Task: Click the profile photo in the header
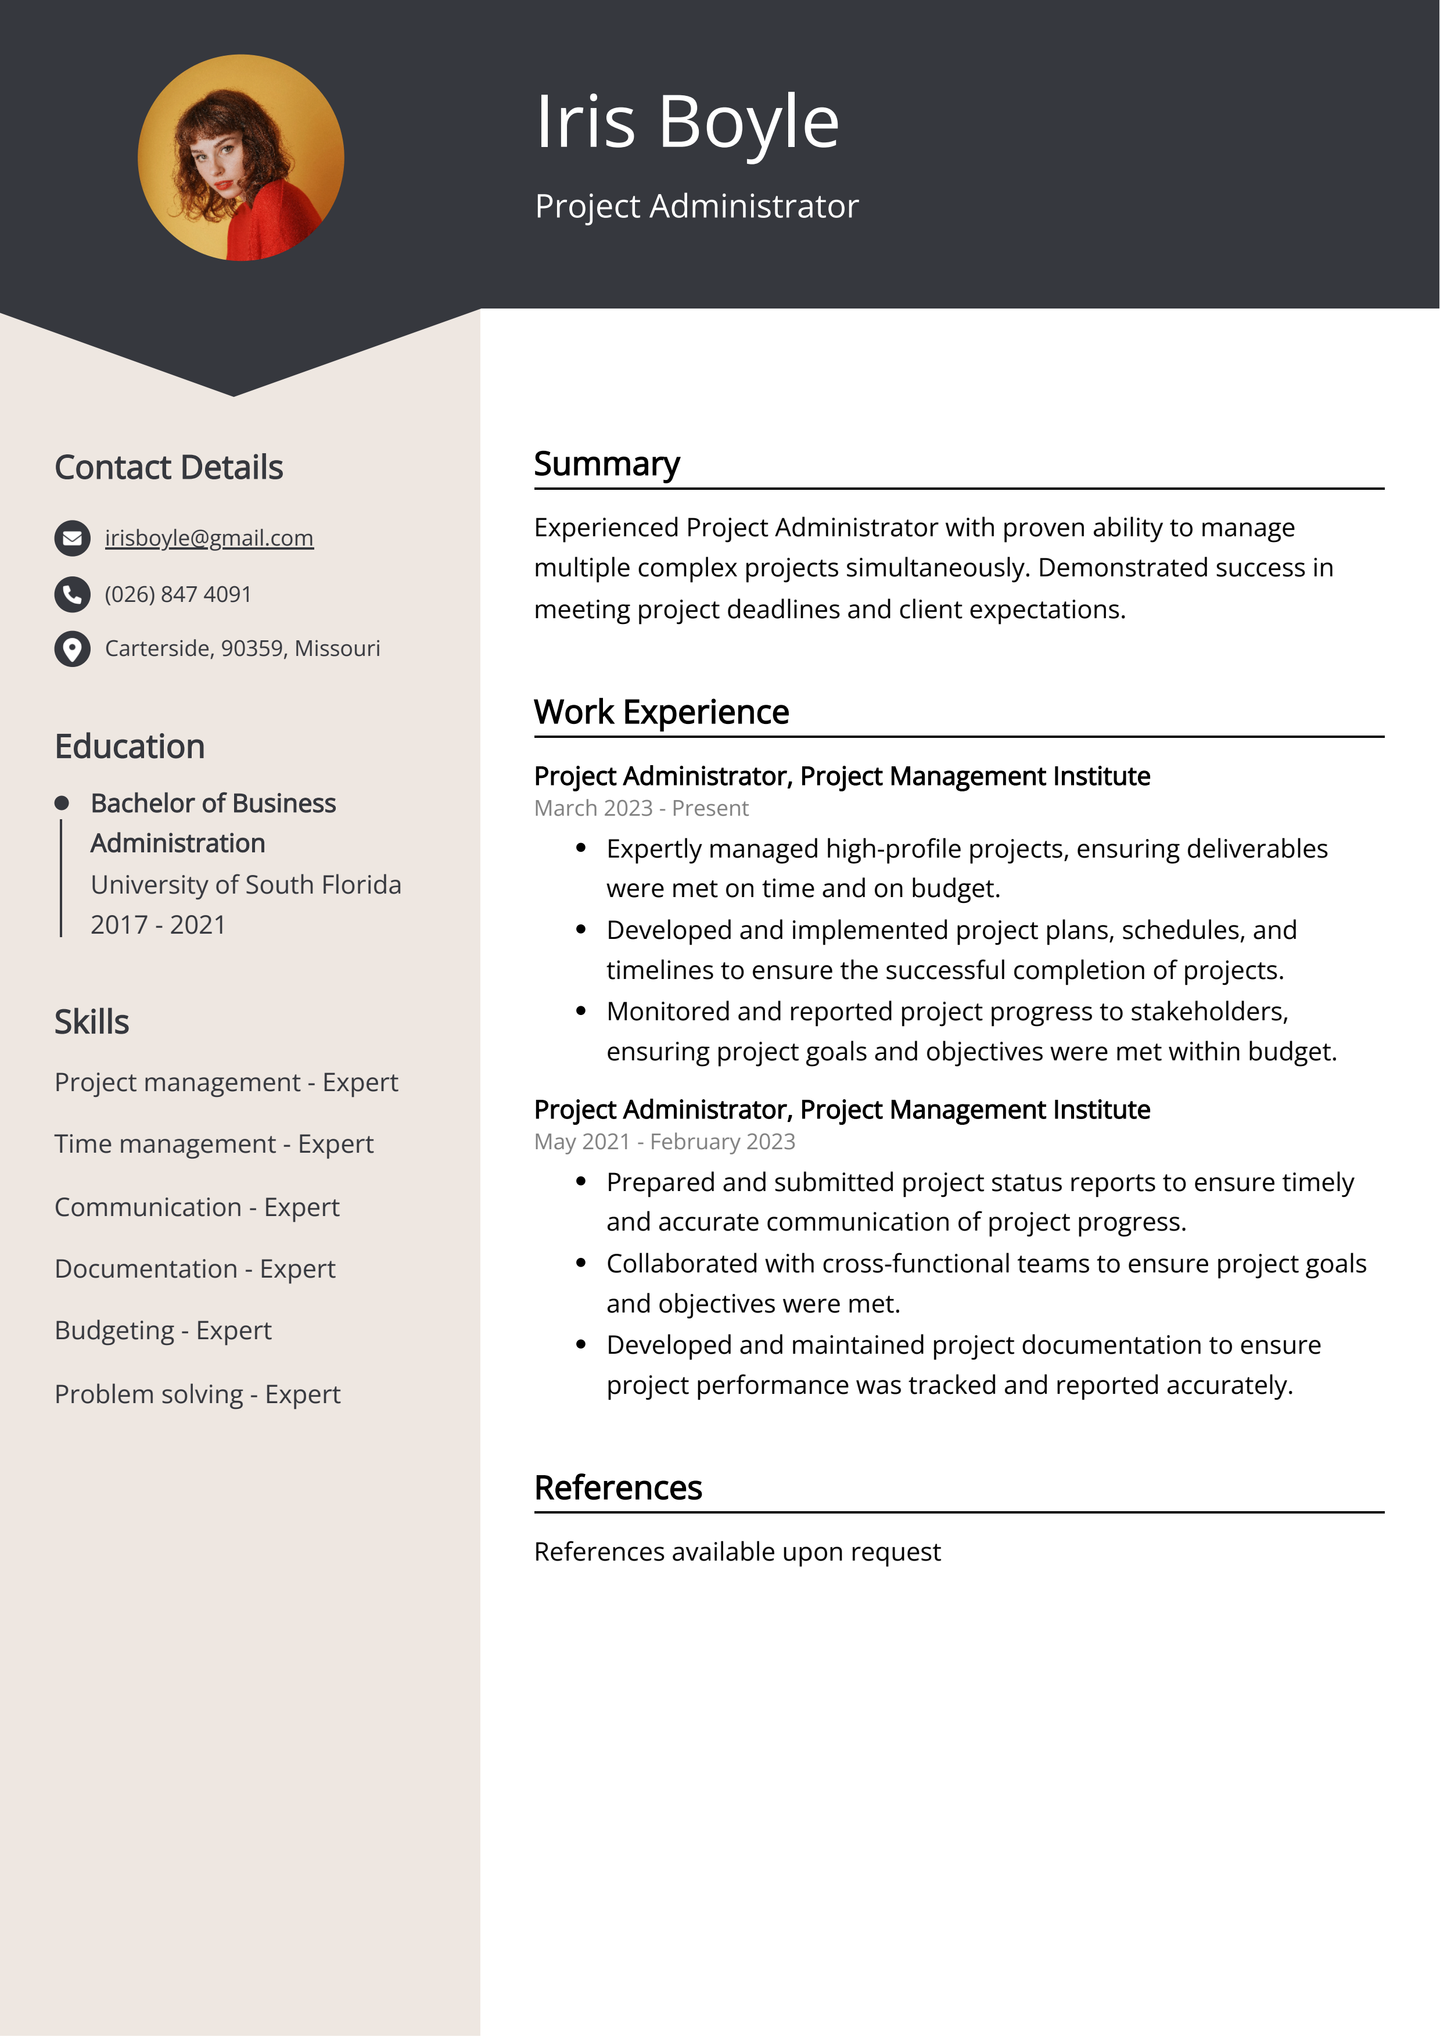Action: [x=240, y=158]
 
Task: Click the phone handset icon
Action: [x=72, y=594]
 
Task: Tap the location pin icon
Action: [x=72, y=648]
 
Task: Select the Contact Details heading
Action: [x=168, y=468]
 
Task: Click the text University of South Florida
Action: [x=246, y=884]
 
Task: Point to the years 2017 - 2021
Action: [x=158, y=924]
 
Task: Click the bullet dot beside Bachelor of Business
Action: [x=61, y=803]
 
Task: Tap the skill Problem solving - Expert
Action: [x=197, y=1394]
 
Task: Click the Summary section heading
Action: [x=607, y=464]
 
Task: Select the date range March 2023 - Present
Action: [x=641, y=808]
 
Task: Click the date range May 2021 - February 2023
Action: [x=664, y=1142]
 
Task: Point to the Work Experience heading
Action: [x=661, y=712]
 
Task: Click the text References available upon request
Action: [x=737, y=1552]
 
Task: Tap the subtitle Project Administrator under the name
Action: [x=696, y=206]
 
